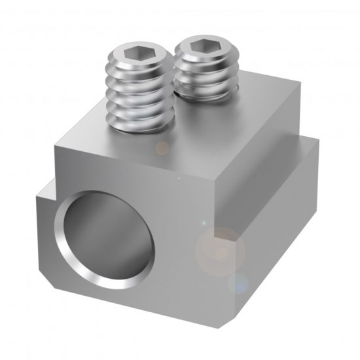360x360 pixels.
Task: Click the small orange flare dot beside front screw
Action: (x=162, y=148)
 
